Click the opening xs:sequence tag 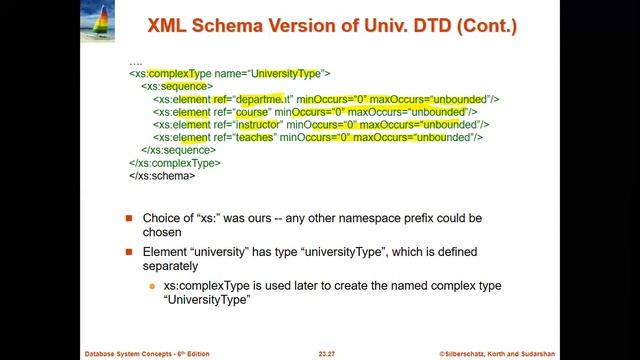click(x=176, y=87)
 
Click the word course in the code click(x=253, y=112)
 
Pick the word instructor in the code click(x=260, y=125)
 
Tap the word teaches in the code click(x=255, y=137)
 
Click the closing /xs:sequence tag click(x=179, y=150)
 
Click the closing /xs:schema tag click(x=162, y=175)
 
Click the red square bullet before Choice click(x=129, y=218)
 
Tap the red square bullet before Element click(x=129, y=250)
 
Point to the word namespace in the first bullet click(x=404, y=217)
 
